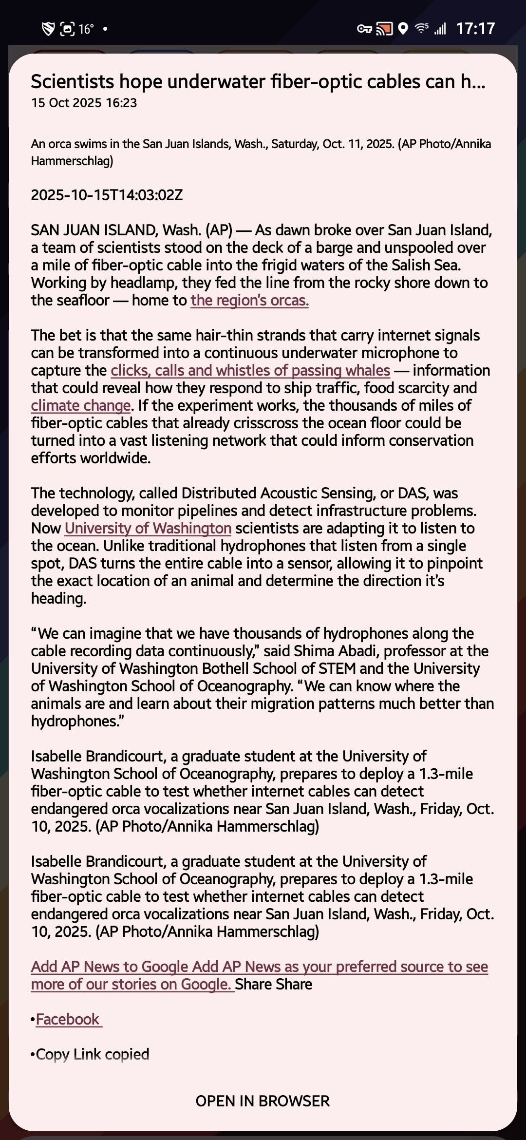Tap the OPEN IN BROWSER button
tap(263, 1101)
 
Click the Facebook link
tap(68, 1019)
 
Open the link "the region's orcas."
tap(249, 301)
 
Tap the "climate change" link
tap(81, 406)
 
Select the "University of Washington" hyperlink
tap(148, 529)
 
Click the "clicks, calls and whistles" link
tap(250, 371)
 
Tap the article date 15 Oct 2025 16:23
tap(84, 103)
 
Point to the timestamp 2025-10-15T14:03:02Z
tap(107, 195)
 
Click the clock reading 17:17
tap(475, 29)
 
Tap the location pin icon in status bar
tap(403, 29)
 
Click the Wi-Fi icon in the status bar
tap(421, 29)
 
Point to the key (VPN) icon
tap(364, 29)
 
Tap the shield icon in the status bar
tap(48, 29)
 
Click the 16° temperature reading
tap(86, 29)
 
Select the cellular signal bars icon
tap(440, 29)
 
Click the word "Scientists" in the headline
tap(73, 82)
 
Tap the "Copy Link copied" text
tap(92, 1054)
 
